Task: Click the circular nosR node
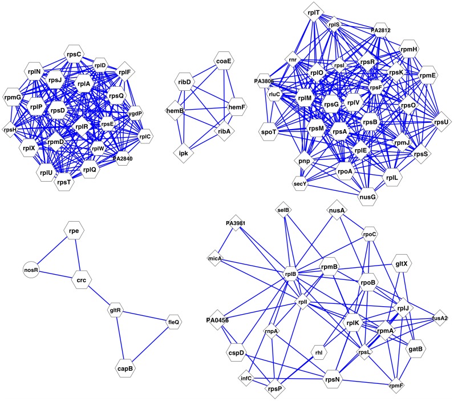pyautogui.click(x=31, y=268)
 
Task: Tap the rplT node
pyautogui.click(x=313, y=12)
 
